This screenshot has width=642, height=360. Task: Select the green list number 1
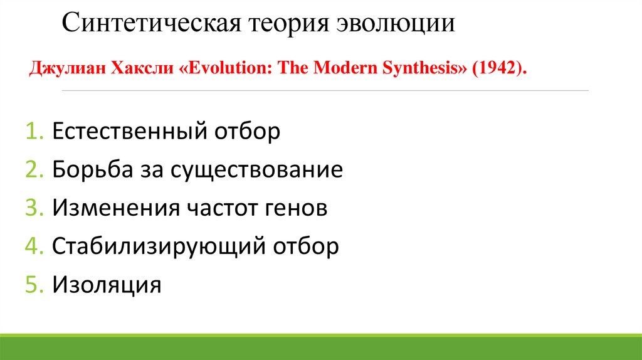pos(33,132)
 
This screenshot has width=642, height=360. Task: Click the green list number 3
pos(33,208)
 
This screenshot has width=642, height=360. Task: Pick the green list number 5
pos(33,284)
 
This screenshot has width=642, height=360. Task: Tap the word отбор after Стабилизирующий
pos(305,246)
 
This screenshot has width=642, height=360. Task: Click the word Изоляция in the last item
pos(107,284)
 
